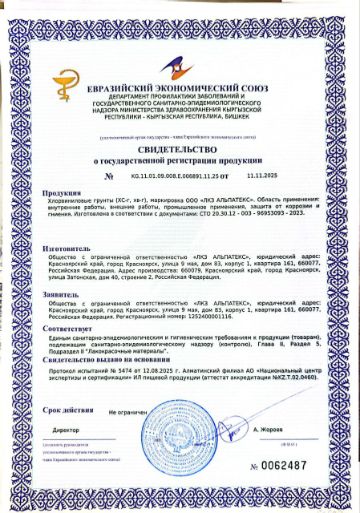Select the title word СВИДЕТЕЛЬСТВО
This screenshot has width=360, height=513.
180,147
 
